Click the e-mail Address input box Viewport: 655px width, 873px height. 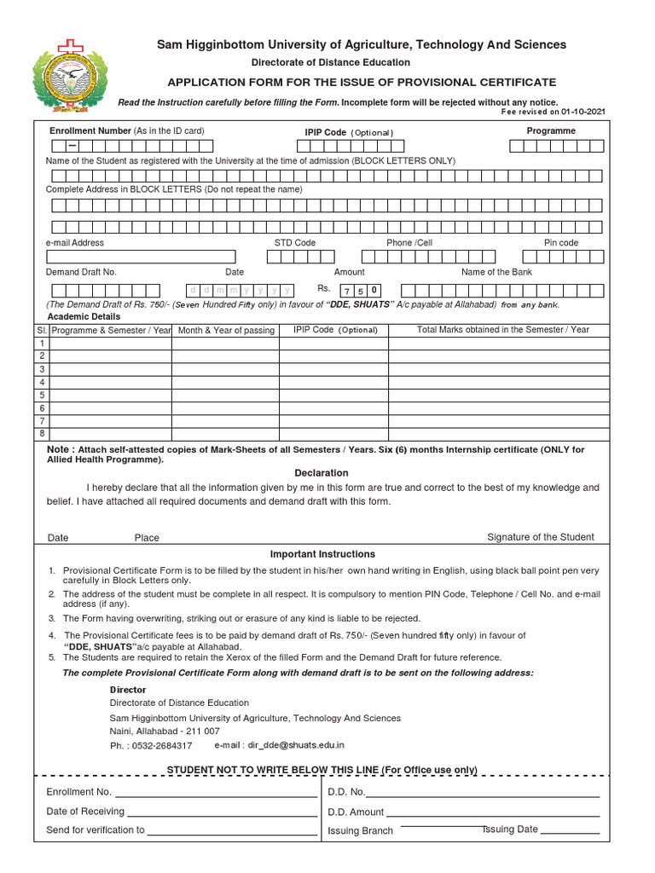142,257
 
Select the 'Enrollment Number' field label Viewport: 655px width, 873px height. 90,130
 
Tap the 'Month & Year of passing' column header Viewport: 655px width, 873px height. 226,330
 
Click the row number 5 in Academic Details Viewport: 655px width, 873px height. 41,395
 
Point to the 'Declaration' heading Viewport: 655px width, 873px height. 322,472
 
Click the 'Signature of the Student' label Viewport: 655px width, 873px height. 540,537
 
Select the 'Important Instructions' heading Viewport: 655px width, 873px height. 322,554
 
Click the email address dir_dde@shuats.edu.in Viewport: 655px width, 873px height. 296,745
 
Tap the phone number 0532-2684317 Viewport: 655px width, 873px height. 161,745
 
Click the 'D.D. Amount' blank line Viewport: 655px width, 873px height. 493,812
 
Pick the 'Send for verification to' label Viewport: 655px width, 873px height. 96,830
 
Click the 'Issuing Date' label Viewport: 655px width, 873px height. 510,830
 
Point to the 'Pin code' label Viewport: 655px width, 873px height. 561,243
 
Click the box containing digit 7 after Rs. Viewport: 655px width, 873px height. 348,290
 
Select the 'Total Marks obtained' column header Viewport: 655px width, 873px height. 502,329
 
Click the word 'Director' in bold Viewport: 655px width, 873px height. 128,689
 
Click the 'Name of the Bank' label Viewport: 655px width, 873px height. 496,272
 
